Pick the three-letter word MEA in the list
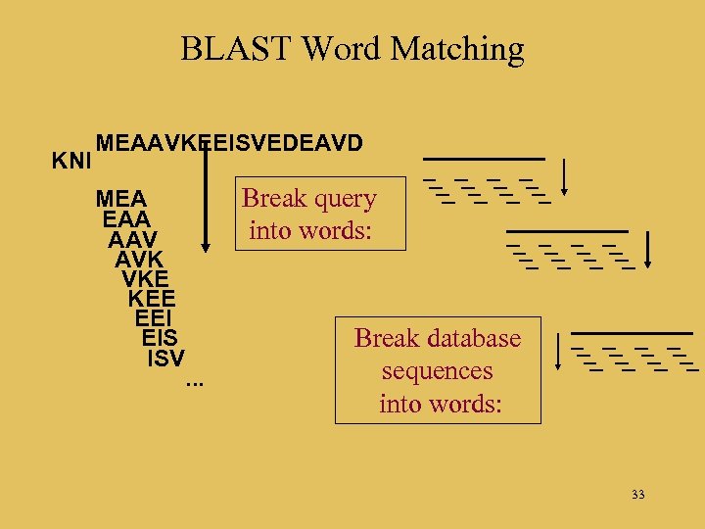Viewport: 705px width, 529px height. point(121,199)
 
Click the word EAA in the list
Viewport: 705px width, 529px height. point(124,219)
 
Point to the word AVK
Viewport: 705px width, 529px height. point(139,259)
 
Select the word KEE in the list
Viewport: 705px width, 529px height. point(151,298)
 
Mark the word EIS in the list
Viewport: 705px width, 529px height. point(160,338)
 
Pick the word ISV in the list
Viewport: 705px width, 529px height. point(165,358)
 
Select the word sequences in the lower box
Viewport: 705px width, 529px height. point(437,371)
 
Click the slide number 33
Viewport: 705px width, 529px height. point(638,494)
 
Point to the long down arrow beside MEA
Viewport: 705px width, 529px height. point(206,196)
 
